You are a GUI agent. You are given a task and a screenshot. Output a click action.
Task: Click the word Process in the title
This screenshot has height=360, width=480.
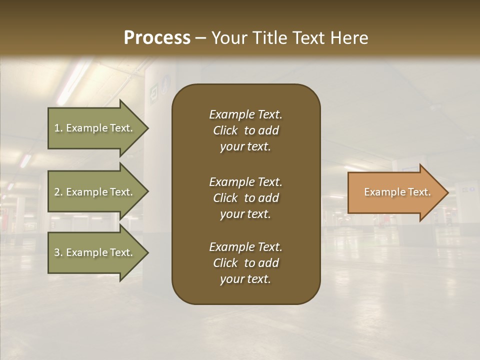(157, 38)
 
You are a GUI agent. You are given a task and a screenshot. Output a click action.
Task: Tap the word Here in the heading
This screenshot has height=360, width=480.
(349, 38)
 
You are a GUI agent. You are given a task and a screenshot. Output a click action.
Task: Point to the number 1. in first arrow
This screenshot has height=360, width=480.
(58, 128)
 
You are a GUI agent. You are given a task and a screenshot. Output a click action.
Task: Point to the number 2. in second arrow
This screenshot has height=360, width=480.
(58, 192)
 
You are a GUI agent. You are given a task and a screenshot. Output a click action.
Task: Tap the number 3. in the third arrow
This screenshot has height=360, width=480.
(58, 252)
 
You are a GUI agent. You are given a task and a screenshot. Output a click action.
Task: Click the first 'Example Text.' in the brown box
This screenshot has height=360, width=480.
(245, 114)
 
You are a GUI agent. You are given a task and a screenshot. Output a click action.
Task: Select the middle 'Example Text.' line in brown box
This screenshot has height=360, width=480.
(245, 181)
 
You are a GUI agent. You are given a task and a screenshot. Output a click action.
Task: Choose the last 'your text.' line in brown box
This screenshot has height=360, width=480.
(245, 279)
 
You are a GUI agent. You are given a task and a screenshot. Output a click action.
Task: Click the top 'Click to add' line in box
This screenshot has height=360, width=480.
(245, 130)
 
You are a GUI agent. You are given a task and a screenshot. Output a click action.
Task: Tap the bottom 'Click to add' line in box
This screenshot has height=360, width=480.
(245, 263)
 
